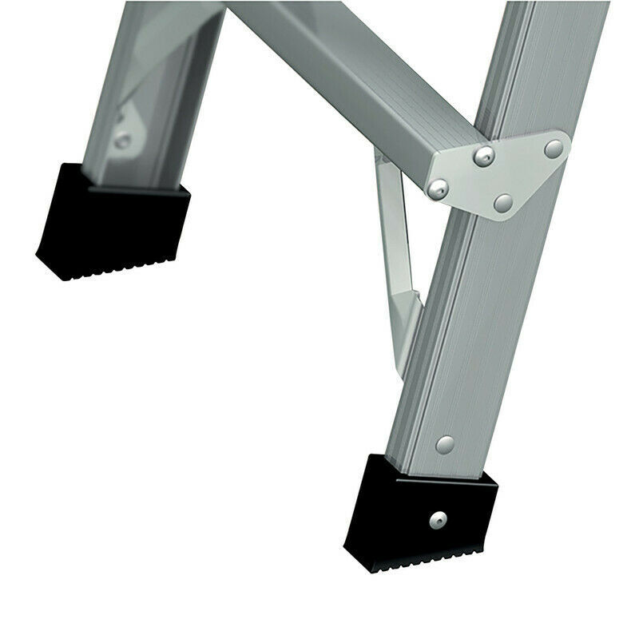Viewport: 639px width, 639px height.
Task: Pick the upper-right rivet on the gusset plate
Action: [553, 149]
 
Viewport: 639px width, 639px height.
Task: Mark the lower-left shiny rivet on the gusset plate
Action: [437, 189]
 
